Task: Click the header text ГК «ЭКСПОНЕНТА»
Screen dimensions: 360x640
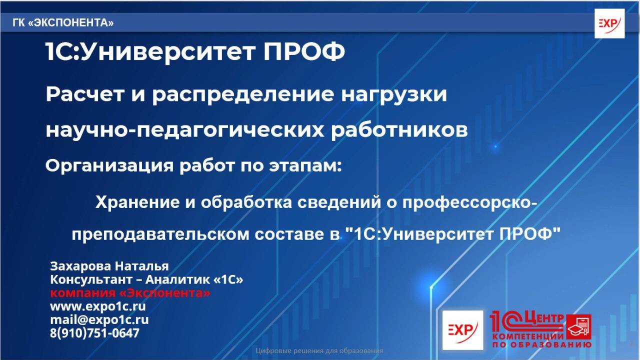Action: point(63,23)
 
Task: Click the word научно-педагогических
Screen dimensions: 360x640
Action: point(184,130)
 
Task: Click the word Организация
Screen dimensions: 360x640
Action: point(108,165)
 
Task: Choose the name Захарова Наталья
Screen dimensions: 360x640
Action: point(109,266)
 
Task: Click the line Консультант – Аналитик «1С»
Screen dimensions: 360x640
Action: point(146,280)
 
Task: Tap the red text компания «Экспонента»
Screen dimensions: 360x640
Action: point(130,293)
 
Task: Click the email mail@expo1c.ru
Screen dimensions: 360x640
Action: point(99,319)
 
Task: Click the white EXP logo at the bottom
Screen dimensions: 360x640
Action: point(462,330)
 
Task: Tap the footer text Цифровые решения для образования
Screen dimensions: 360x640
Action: point(319,351)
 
